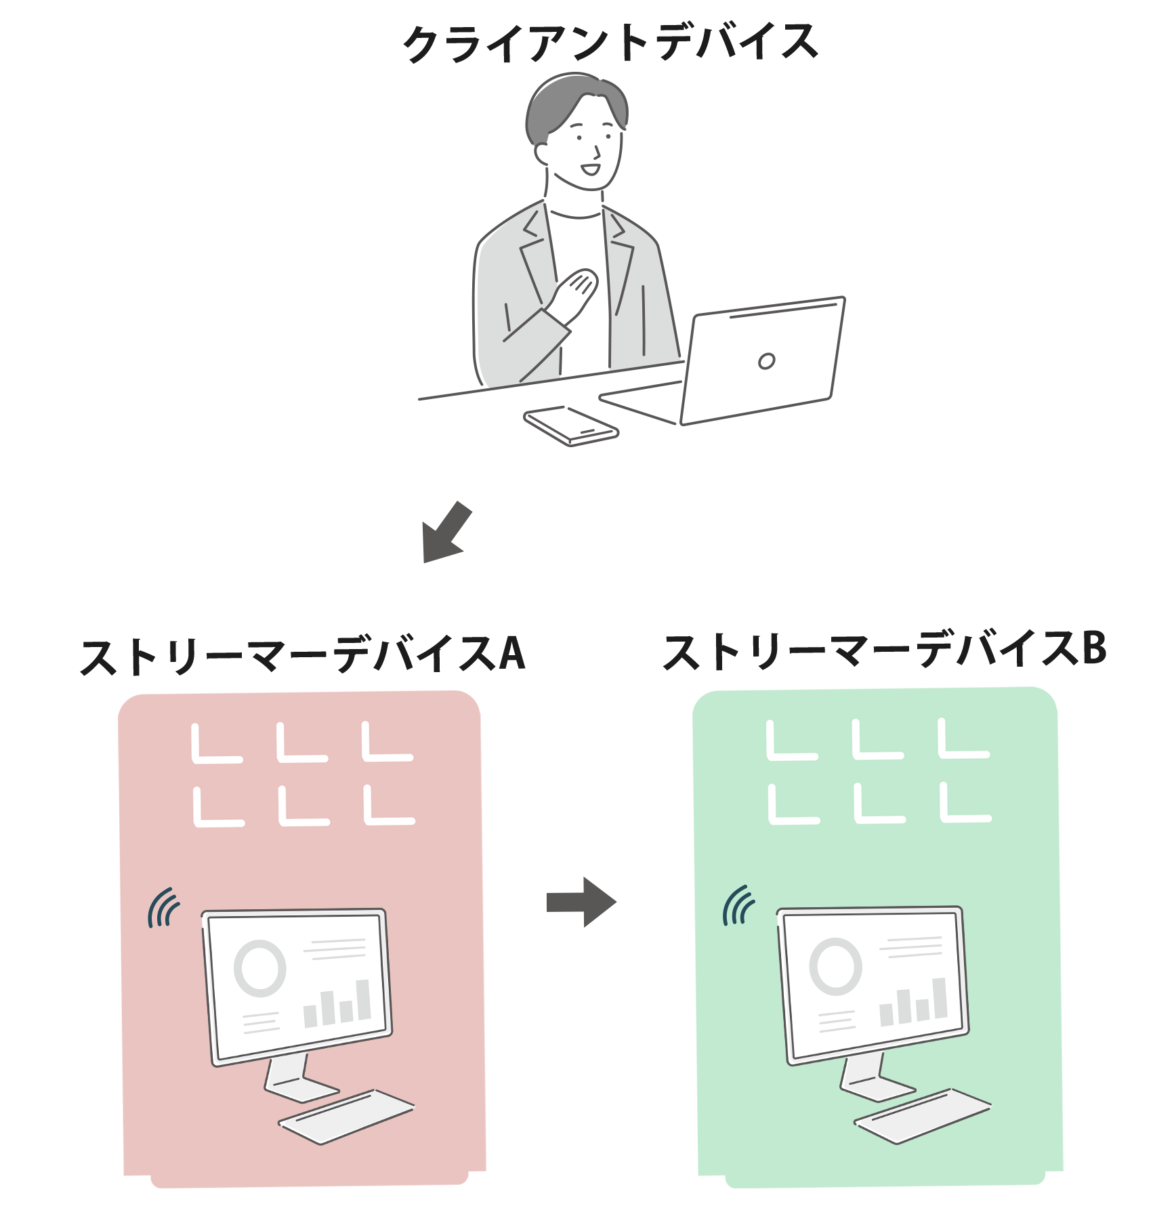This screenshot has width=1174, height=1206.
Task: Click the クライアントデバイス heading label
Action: pos(610,42)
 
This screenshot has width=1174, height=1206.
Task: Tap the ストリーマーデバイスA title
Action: pos(302,654)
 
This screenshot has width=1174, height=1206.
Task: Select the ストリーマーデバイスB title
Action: pos(883,650)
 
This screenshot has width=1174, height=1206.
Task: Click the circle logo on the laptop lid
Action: pos(766,361)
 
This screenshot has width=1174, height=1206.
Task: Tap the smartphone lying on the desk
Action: pos(571,425)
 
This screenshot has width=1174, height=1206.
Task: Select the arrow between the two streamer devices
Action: pos(580,902)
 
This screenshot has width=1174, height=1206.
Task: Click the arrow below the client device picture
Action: pos(447,533)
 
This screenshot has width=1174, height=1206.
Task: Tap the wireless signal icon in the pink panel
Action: pos(163,908)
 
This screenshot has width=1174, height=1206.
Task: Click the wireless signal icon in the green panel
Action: pos(738,905)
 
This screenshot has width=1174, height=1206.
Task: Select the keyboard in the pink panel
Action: pos(346,1115)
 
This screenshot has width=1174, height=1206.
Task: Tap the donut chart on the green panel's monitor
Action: pos(835,966)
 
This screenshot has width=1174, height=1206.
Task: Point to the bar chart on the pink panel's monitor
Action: pos(337,1003)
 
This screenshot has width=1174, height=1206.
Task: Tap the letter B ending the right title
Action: pos(1093,648)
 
